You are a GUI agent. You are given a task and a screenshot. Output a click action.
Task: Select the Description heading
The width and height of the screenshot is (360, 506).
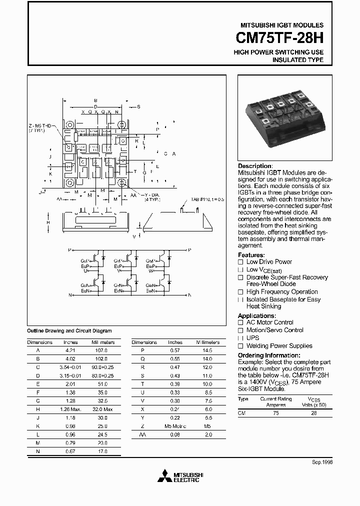255,166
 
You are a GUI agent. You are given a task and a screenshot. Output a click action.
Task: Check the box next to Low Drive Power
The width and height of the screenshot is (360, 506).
240,262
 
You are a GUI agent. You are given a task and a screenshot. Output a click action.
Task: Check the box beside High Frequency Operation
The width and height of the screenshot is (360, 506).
240,292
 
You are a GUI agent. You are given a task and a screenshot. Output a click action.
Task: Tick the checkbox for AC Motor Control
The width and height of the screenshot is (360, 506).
240,323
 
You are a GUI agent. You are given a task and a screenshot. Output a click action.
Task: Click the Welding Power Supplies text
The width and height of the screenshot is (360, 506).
279,345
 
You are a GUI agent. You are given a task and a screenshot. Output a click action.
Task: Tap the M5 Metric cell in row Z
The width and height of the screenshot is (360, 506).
175,426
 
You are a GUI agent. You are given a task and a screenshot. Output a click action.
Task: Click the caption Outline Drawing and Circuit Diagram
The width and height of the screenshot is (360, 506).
69,331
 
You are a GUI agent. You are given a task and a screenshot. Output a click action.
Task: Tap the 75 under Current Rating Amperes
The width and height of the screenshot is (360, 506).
275,413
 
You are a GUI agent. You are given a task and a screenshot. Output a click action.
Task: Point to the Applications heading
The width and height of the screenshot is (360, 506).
256,316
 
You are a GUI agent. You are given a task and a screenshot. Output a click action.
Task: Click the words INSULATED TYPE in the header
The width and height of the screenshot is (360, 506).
297,60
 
